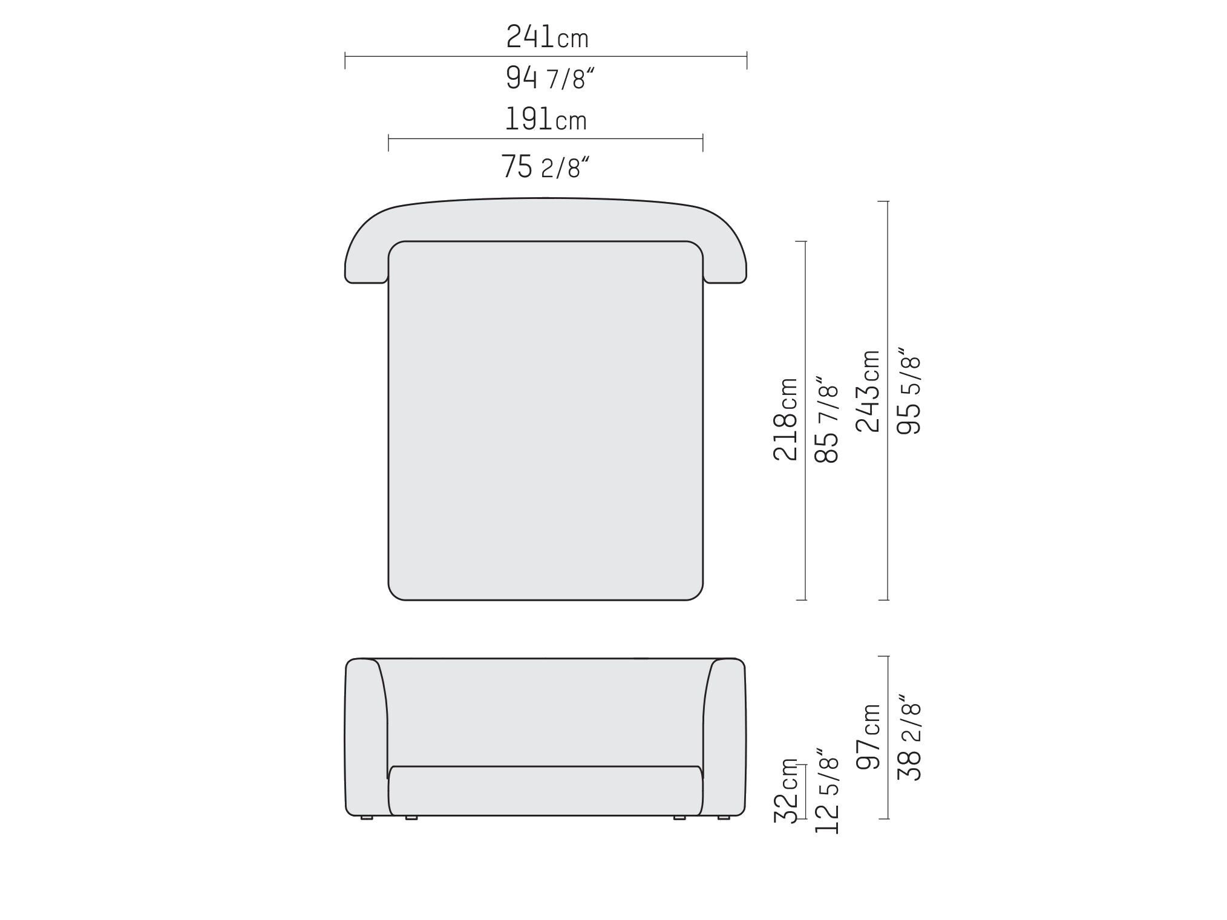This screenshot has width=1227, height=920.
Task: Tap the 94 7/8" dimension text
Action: click(550, 78)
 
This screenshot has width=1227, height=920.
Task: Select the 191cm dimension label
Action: click(546, 119)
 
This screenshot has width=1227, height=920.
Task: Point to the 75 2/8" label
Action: click(545, 166)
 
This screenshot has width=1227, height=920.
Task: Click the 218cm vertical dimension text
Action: click(786, 419)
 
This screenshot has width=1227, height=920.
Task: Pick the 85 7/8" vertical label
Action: click(827, 419)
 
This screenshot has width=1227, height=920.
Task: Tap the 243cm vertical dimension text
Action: click(868, 391)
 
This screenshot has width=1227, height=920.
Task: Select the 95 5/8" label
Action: click(909, 390)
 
